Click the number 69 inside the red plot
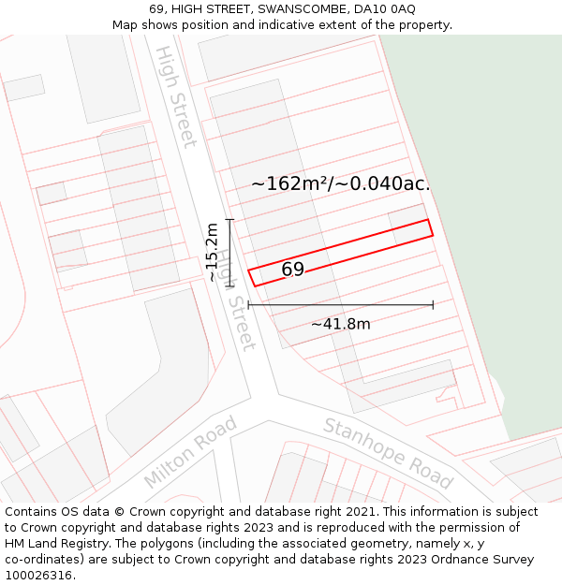292,270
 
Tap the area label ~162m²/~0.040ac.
340,183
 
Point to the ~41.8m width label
340,325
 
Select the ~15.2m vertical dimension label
213,251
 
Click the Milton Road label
190,452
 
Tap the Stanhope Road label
388,454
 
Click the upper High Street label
176,95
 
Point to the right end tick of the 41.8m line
433,304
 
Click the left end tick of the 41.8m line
248,304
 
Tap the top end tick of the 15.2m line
229,219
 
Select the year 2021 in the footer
362,512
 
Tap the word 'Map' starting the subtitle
126,25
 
